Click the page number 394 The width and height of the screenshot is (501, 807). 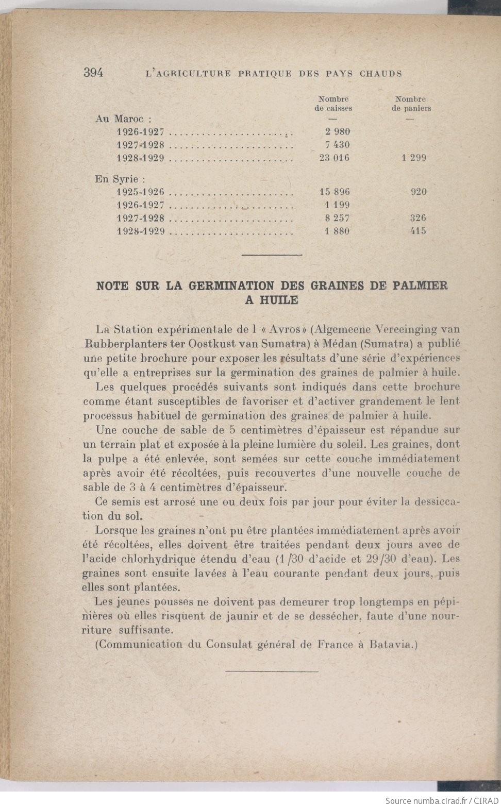click(93, 73)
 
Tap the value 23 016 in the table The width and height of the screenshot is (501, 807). click(334, 158)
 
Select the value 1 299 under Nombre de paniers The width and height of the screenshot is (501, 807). click(414, 158)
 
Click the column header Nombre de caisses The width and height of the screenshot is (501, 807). click(333, 104)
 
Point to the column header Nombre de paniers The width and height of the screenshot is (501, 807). click(411, 104)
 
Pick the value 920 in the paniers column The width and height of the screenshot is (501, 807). click(419, 192)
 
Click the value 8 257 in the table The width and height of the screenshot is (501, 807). click(337, 218)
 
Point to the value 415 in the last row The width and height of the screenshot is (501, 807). click(418, 231)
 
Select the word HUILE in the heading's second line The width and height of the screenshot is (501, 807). click(278, 300)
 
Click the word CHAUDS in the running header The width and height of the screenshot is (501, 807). click(381, 74)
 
